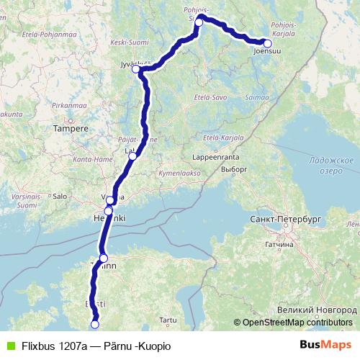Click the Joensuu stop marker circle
click(x=267, y=43)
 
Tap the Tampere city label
click(x=71, y=129)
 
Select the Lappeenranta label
click(x=215, y=156)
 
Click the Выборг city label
click(x=234, y=168)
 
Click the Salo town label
click(x=60, y=195)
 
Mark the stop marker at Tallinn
click(x=103, y=258)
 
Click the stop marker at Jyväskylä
click(x=135, y=69)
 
